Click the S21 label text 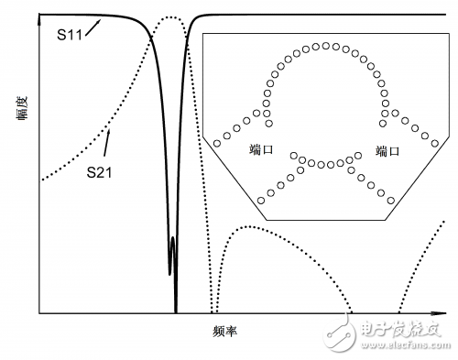[100, 171]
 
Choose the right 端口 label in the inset [387, 150]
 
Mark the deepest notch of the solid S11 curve [176, 310]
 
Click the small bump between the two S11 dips [173, 240]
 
